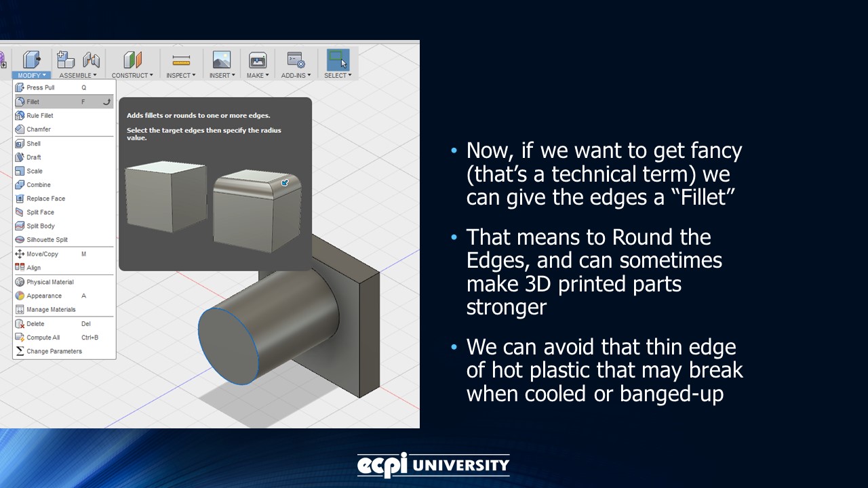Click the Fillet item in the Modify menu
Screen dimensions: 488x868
click(33, 102)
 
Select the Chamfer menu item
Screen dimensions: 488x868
click(39, 129)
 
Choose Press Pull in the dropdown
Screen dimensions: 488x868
click(41, 87)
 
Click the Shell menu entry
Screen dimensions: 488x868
click(34, 144)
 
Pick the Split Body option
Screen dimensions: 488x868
click(41, 226)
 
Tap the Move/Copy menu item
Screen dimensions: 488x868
click(42, 254)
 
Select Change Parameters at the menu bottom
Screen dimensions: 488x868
click(54, 351)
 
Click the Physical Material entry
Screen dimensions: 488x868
click(50, 282)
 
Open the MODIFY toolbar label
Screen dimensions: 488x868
click(31, 75)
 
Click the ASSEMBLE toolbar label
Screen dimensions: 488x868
click(78, 75)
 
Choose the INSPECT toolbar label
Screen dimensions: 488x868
click(180, 75)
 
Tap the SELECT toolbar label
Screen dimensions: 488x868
click(337, 75)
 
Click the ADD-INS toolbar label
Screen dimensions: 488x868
click(296, 75)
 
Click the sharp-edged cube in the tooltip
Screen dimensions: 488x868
click(165, 197)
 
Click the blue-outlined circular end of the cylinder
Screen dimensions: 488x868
click(229, 346)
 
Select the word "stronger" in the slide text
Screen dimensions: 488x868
click(506, 307)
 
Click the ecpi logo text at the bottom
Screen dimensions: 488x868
click(382, 465)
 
